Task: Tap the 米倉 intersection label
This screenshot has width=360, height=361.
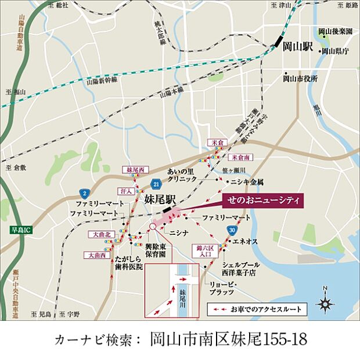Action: point(216,143)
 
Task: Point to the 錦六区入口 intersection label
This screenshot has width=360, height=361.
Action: point(206,251)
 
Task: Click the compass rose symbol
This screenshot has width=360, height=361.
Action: point(325,302)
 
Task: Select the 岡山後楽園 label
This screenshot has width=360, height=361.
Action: point(336,31)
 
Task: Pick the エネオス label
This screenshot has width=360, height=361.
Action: point(245,240)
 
